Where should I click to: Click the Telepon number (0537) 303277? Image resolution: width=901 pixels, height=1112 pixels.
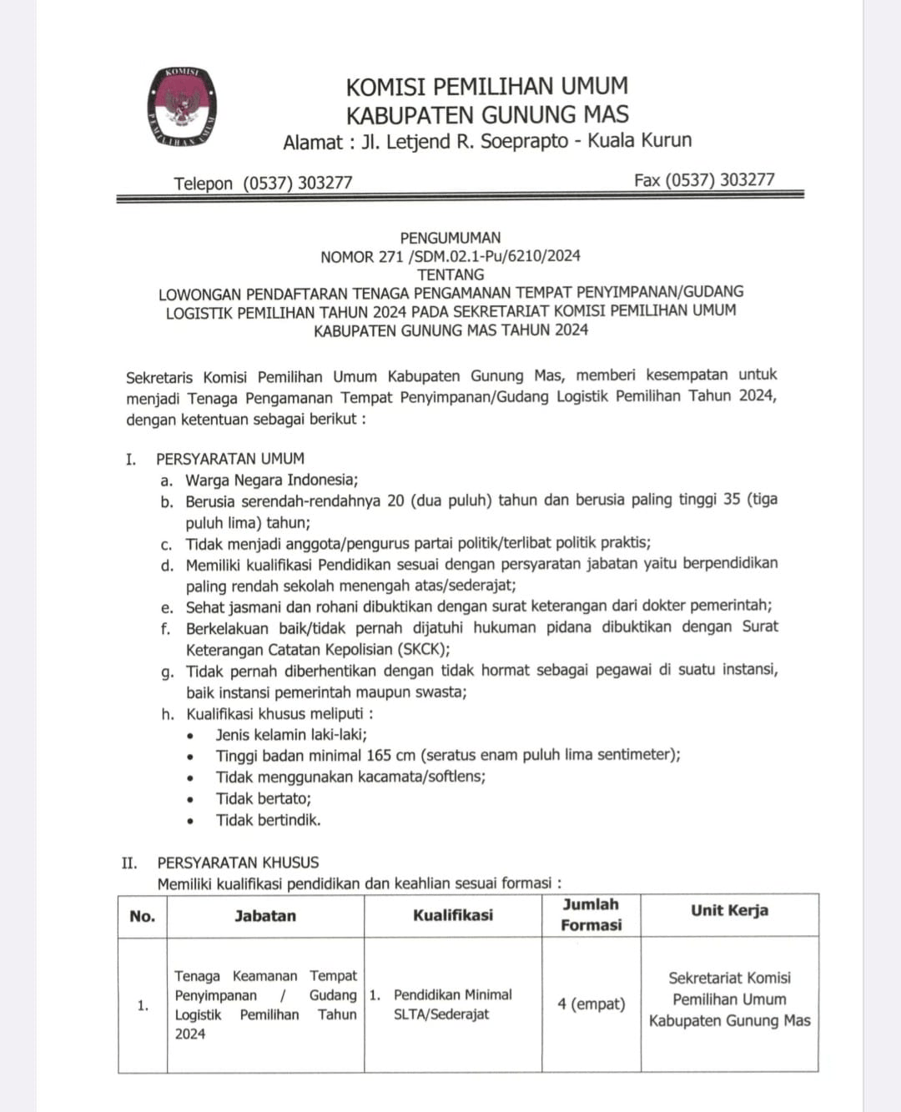click(x=297, y=183)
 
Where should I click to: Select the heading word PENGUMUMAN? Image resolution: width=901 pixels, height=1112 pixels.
click(x=450, y=238)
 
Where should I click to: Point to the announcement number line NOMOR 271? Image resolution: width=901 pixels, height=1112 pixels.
click(x=450, y=256)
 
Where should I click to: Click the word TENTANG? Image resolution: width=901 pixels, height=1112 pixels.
click(x=450, y=274)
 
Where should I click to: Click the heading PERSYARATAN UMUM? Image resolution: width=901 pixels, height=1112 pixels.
click(x=230, y=459)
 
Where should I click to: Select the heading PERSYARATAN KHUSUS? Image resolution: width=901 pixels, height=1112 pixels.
click(x=238, y=863)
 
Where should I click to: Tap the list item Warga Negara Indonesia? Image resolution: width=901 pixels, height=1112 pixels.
click(x=271, y=480)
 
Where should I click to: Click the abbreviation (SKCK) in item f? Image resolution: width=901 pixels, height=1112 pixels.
click(x=415, y=649)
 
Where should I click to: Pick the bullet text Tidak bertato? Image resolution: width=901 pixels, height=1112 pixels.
click(x=263, y=798)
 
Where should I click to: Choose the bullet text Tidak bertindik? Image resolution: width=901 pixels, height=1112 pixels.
click(x=268, y=820)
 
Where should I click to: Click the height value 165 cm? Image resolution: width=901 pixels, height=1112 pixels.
click(x=390, y=755)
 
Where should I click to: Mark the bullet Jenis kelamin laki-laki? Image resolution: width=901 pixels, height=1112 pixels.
click(x=291, y=735)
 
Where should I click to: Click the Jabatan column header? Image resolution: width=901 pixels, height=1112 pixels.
click(x=265, y=915)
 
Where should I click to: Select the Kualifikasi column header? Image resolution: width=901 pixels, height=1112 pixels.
click(x=453, y=915)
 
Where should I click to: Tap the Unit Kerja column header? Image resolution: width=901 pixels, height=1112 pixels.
click(x=729, y=910)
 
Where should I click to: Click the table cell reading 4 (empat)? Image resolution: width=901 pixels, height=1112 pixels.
click(x=591, y=1004)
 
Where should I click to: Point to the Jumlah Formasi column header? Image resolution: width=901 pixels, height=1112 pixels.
click(x=591, y=914)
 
